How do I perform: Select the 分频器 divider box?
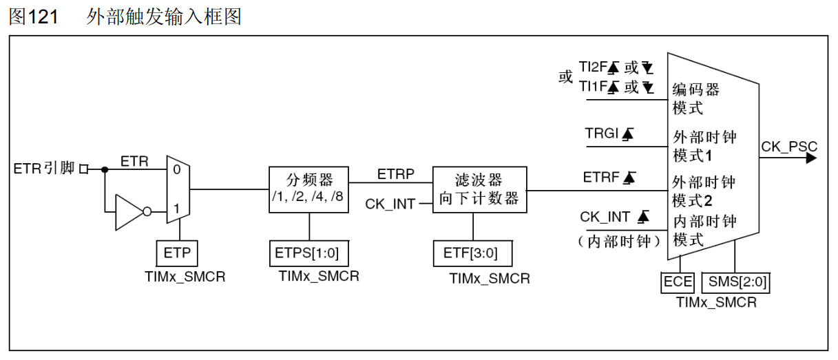click(x=308, y=189)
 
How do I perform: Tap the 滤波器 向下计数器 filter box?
click(x=479, y=189)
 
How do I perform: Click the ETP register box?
click(x=177, y=253)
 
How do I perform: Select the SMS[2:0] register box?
click(x=736, y=282)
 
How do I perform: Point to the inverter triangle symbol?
click(x=129, y=213)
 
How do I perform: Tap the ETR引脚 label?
click(x=43, y=169)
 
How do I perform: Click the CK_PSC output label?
click(x=789, y=146)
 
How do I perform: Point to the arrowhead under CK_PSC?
click(x=810, y=158)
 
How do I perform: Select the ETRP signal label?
click(x=395, y=175)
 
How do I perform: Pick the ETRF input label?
click(x=601, y=178)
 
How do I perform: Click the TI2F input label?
click(x=592, y=67)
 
